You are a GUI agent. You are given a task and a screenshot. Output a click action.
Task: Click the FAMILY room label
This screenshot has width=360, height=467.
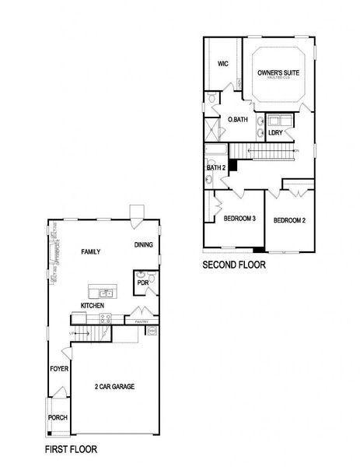[91, 252]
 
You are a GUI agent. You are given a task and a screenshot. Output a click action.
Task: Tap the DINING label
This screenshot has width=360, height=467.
[144, 245]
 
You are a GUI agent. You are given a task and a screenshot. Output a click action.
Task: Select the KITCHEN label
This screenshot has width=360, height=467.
[92, 306]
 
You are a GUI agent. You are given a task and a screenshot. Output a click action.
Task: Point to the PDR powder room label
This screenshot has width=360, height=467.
[142, 283]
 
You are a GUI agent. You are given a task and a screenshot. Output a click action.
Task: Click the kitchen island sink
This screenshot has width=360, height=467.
[106, 293]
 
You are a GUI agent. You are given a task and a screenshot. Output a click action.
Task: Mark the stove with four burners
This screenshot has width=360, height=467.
[106, 318]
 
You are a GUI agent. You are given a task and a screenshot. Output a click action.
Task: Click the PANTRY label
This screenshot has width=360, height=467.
[142, 320]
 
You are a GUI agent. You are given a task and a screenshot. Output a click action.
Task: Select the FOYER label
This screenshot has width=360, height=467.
[58, 368]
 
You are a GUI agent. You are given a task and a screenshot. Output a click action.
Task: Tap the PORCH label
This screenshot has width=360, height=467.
[58, 418]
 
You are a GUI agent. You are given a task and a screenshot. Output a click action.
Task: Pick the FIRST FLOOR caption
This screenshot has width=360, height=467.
[70, 449]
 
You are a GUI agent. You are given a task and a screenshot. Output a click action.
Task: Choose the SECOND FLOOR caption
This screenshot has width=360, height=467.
[234, 265]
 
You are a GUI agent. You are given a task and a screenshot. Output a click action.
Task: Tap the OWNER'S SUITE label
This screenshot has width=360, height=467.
[278, 73]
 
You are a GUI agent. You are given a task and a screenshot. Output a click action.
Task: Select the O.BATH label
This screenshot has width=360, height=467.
[236, 119]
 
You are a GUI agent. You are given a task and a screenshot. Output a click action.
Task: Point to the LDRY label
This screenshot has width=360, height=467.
[274, 133]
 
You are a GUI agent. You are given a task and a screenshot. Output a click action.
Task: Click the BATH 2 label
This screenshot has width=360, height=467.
[215, 167]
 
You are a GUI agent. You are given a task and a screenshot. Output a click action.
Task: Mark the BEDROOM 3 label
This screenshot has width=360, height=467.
[239, 219]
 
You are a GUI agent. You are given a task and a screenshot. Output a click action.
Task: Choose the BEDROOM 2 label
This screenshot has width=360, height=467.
[289, 220]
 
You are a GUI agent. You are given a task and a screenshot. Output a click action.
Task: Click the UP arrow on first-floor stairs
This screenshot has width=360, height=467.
[75, 332]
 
